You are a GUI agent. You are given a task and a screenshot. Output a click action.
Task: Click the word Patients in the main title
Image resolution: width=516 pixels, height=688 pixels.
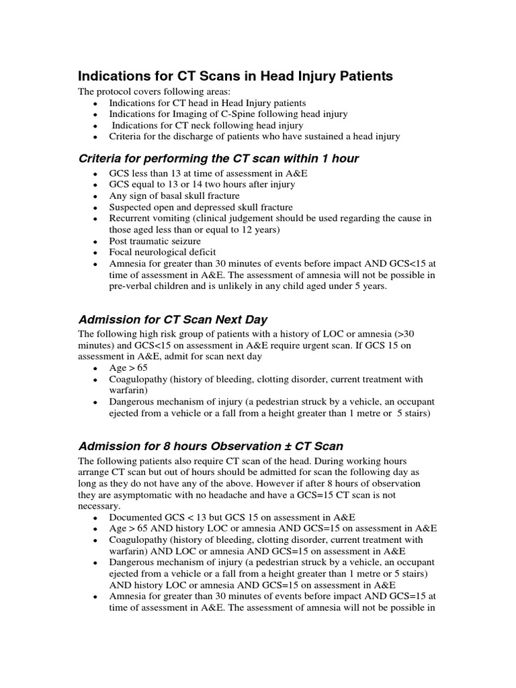[x=359, y=77]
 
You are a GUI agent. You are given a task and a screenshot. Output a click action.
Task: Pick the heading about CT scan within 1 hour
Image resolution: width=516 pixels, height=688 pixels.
[x=218, y=159]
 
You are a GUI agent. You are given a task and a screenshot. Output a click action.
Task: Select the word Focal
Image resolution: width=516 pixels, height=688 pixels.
[x=122, y=253]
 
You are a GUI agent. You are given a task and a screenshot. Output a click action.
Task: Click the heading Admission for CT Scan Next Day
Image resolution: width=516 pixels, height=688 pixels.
[x=173, y=319]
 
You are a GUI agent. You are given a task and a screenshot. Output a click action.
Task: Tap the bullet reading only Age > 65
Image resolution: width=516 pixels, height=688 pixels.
[x=128, y=368]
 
